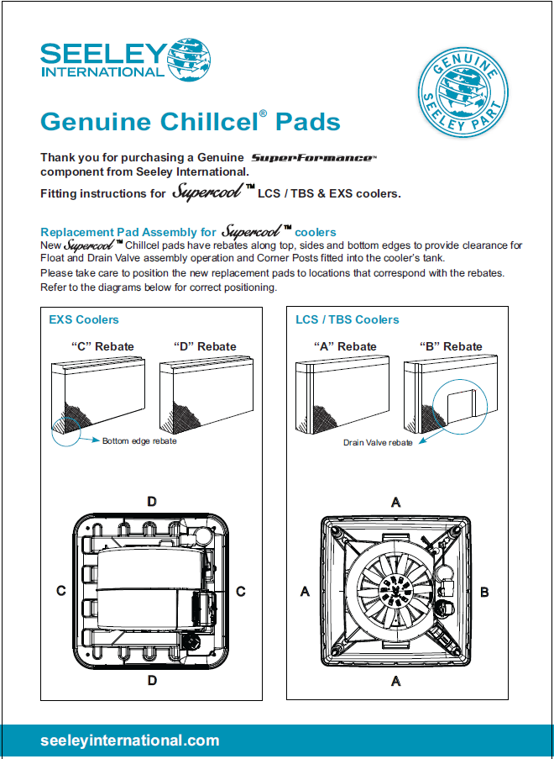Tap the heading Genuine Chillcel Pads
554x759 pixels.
191,122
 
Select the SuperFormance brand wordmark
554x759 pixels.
314,158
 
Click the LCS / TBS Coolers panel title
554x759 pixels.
348,319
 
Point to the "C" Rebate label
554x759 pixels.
102,346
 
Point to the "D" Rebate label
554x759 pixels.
205,346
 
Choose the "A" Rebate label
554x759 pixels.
345,346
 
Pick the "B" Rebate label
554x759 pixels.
451,346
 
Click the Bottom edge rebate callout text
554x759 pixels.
139,440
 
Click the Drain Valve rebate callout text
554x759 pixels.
378,443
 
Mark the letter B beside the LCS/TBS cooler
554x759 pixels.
484,592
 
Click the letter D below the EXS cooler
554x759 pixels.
152,680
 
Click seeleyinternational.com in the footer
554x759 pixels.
130,741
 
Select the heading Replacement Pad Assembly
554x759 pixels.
129,232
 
